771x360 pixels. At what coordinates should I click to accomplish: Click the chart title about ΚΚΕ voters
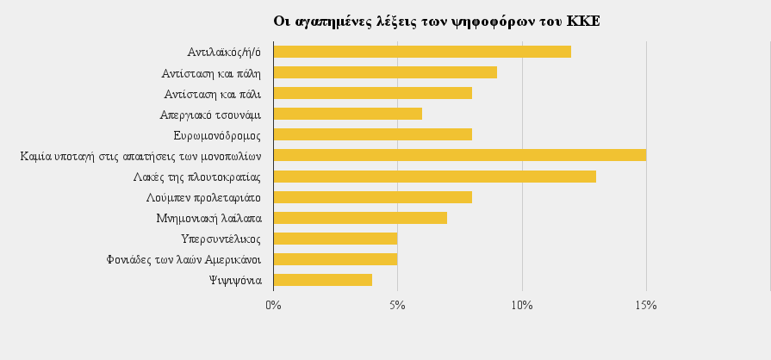pyautogui.click(x=437, y=21)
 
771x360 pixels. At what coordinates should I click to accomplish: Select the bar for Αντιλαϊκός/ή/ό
pyautogui.click(x=422, y=52)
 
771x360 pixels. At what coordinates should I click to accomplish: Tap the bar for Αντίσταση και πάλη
pyautogui.click(x=385, y=72)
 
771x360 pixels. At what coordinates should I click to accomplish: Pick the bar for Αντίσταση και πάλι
pyautogui.click(x=372, y=93)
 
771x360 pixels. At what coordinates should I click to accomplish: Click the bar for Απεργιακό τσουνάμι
pyautogui.click(x=347, y=114)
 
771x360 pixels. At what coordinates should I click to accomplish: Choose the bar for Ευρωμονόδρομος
pyautogui.click(x=372, y=134)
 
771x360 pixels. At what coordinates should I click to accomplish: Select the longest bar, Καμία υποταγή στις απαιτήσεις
pyautogui.click(x=459, y=155)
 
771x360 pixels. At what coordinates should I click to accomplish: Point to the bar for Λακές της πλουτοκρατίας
pyautogui.click(x=434, y=177)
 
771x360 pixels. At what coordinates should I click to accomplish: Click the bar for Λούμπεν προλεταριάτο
pyautogui.click(x=372, y=197)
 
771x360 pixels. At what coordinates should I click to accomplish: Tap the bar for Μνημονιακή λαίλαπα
pyautogui.click(x=360, y=218)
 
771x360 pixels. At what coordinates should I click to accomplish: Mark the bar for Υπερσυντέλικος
pyautogui.click(x=335, y=239)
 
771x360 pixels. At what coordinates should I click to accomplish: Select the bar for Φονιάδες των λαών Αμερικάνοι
pyautogui.click(x=335, y=259)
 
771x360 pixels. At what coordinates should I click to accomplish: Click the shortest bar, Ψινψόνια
pyautogui.click(x=323, y=280)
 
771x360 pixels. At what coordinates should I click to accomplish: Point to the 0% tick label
pyautogui.click(x=273, y=305)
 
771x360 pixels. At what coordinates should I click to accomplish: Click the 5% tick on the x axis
pyautogui.click(x=397, y=305)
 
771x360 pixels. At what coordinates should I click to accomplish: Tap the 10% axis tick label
pyautogui.click(x=522, y=305)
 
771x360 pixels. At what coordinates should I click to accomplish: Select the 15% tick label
pyautogui.click(x=646, y=305)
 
